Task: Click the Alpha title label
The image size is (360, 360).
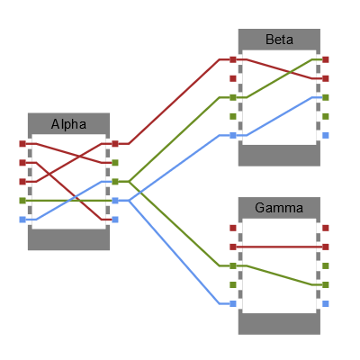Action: [68, 124]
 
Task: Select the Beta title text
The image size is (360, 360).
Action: [279, 40]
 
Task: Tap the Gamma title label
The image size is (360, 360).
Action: [279, 208]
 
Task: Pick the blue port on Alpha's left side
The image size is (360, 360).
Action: [22, 219]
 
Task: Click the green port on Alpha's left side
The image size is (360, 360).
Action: [22, 200]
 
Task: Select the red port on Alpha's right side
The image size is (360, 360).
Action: [115, 143]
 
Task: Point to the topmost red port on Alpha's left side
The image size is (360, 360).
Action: [22, 143]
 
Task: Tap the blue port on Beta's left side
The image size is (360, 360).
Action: [233, 135]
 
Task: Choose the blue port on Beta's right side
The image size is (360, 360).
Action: [326, 135]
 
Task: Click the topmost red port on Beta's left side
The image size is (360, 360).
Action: [233, 59]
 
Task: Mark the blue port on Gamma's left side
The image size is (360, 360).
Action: [233, 303]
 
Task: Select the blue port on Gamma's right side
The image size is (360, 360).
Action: [326, 303]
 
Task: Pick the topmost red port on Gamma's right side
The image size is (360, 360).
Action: [326, 228]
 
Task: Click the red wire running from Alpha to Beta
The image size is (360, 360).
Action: [175, 101]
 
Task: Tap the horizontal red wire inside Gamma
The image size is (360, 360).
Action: [279, 246]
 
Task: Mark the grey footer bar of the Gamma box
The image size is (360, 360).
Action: [279, 324]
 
